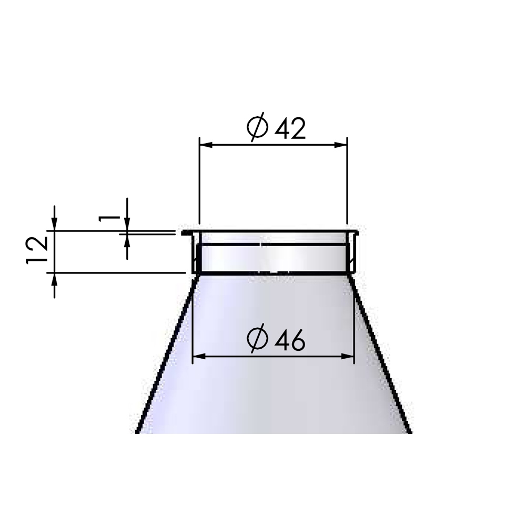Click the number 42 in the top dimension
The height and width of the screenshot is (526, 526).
290,129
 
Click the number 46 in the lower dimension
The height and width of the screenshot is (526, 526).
290,340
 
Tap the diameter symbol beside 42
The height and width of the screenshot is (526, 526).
258,127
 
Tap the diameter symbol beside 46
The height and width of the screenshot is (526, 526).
258,338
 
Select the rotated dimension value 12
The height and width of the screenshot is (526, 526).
37,250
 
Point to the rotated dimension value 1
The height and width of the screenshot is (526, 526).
109,219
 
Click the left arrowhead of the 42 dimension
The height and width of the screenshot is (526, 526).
206,145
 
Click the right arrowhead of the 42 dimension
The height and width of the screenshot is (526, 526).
340,145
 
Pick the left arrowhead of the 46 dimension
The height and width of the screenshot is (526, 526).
199,356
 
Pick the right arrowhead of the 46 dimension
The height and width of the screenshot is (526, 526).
348,356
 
